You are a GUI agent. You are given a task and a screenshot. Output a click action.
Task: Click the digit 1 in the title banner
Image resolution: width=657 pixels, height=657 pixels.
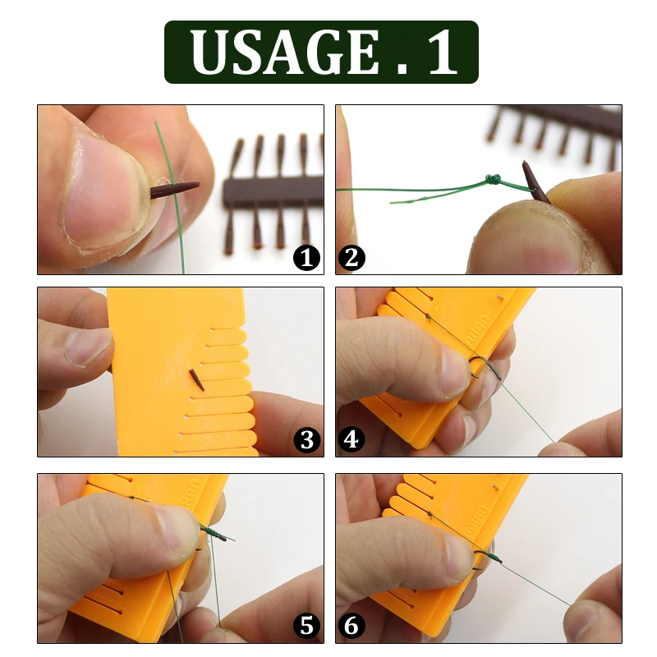pos(440,53)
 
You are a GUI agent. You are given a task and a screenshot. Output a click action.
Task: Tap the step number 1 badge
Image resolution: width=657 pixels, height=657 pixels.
pos(306,259)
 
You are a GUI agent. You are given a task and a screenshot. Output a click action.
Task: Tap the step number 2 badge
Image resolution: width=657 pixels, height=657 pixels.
pos(351,259)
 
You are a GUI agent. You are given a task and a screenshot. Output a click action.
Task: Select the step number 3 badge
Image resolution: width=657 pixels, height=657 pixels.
pos(306,441)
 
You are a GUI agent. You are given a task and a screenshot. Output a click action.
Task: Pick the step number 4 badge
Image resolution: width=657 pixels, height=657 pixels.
pos(351,441)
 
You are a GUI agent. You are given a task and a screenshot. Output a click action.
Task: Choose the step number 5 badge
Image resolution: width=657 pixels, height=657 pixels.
pos(306,627)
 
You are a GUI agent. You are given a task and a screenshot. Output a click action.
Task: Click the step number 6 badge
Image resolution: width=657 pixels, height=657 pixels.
pos(351,627)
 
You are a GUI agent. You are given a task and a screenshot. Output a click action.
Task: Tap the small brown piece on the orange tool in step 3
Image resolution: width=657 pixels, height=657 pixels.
pos(195,379)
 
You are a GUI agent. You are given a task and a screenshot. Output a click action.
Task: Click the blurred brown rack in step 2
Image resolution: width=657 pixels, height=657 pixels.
pos(558,127)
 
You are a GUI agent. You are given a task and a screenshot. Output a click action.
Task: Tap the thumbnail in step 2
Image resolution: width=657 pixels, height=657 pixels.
pos(526,234)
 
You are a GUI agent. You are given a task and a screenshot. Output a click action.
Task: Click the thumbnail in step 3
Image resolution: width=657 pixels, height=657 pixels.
pos(86,346)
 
